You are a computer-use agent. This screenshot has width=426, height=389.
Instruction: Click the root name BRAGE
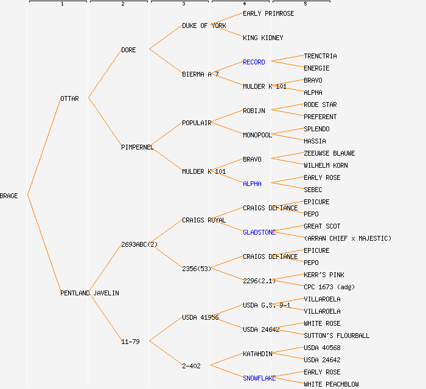click(x=9, y=196)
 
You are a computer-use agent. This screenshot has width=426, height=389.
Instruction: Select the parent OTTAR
click(x=69, y=98)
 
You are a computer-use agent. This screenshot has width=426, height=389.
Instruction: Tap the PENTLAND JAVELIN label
click(x=89, y=293)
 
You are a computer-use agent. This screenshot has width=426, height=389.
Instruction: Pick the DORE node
click(x=128, y=50)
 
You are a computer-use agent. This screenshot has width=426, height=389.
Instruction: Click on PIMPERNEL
click(x=137, y=147)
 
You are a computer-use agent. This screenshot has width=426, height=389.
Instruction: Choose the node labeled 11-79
click(x=130, y=342)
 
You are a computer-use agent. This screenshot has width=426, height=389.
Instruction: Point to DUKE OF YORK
click(x=204, y=26)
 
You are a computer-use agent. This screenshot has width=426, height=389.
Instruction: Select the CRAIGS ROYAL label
click(x=204, y=220)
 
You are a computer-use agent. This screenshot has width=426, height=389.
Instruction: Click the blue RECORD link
click(x=254, y=62)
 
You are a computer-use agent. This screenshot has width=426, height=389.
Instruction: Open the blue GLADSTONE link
click(x=259, y=232)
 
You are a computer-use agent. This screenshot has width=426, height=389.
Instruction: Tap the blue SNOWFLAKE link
click(x=259, y=378)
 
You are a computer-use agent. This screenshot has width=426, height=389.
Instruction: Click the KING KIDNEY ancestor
click(x=263, y=38)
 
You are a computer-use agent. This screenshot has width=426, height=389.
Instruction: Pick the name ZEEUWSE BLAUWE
click(x=329, y=153)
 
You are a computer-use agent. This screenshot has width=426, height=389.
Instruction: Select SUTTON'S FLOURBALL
click(x=337, y=336)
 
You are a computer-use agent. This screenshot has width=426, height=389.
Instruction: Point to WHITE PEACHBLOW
click(x=331, y=384)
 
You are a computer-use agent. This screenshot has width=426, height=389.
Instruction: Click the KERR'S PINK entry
click(x=324, y=275)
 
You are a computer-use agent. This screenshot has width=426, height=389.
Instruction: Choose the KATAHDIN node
click(x=257, y=354)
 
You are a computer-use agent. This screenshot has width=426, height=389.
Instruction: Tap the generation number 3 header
click(x=183, y=4)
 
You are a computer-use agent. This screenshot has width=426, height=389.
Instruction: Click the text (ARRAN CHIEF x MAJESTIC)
click(x=347, y=238)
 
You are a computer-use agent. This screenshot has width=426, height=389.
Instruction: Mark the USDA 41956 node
click(x=200, y=317)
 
